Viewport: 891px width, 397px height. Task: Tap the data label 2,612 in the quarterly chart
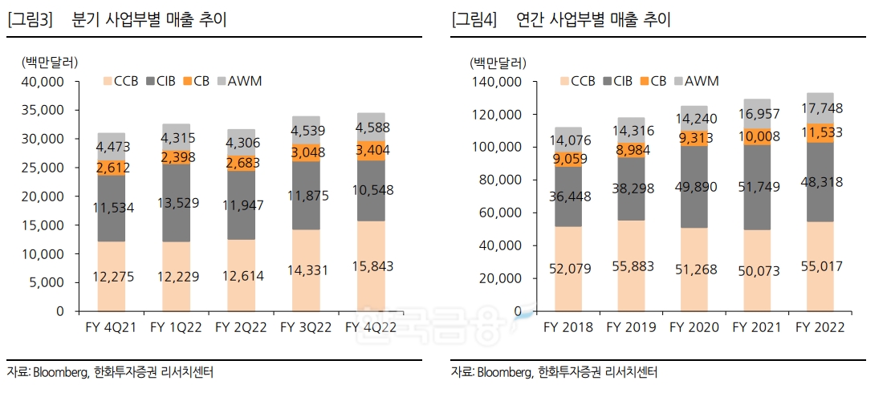pyautogui.click(x=112, y=168)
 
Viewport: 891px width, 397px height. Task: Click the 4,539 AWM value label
pyautogui.click(x=306, y=131)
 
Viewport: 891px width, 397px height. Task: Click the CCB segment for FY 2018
pyautogui.click(x=568, y=269)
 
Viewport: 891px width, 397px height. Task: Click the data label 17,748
pyautogui.click(x=820, y=108)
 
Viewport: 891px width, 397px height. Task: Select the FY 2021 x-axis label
pyautogui.click(x=757, y=327)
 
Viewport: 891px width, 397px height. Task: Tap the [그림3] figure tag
pyautogui.click(x=30, y=20)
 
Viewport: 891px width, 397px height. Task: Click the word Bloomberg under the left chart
pyautogui.click(x=60, y=372)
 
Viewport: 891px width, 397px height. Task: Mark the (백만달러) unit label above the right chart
pyautogui.click(x=498, y=62)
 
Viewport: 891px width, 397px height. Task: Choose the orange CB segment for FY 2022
pyautogui.click(x=820, y=132)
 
